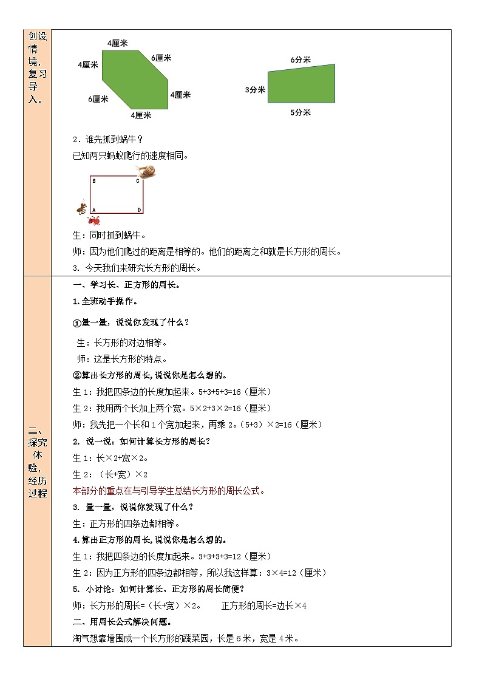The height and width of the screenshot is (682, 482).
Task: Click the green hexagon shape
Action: (x=134, y=79)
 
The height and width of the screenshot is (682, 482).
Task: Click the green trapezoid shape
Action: (x=302, y=85)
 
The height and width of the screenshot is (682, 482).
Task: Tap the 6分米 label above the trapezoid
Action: (x=300, y=60)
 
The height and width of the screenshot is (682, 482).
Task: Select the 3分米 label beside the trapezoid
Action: (x=256, y=89)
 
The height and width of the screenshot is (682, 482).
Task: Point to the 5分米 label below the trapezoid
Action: (x=300, y=112)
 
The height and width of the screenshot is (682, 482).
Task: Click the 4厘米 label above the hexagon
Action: (x=117, y=43)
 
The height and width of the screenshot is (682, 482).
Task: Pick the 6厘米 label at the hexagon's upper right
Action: (x=161, y=58)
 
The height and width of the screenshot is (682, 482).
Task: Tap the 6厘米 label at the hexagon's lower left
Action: (x=98, y=99)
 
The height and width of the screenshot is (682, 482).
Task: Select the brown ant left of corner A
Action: (x=81, y=208)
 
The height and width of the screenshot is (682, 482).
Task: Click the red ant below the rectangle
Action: (x=94, y=220)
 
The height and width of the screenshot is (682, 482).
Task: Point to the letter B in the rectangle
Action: (x=93, y=181)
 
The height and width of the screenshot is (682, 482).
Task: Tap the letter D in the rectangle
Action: (x=138, y=210)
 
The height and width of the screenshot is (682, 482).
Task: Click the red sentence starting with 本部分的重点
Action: (x=168, y=491)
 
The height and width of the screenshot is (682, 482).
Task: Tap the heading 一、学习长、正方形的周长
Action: (x=126, y=284)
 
